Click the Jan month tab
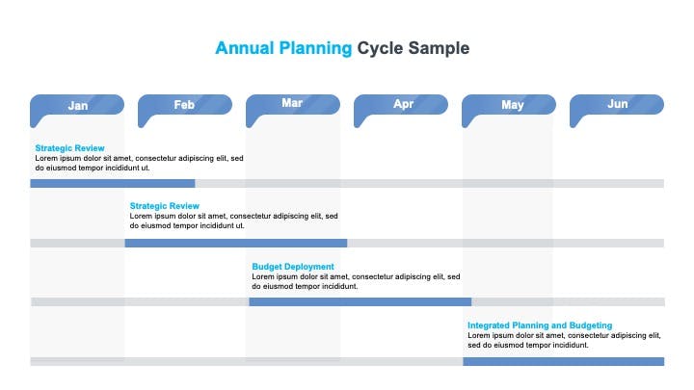point(77,105)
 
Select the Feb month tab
point(185,105)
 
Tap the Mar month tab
point(293,105)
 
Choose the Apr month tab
point(401,105)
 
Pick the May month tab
point(509,105)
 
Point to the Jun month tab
point(617,105)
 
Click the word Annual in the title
point(245,48)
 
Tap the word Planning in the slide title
point(315,49)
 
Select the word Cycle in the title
point(380,49)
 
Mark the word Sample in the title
point(440,49)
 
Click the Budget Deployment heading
point(293,267)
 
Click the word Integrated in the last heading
point(488,325)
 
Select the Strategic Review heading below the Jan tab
point(70,148)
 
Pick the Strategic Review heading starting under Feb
point(165,206)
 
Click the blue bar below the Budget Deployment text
point(360,302)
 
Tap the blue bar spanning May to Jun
point(564,362)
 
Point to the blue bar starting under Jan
point(113,184)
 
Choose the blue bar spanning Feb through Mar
point(236,244)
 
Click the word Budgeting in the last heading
point(591,325)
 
